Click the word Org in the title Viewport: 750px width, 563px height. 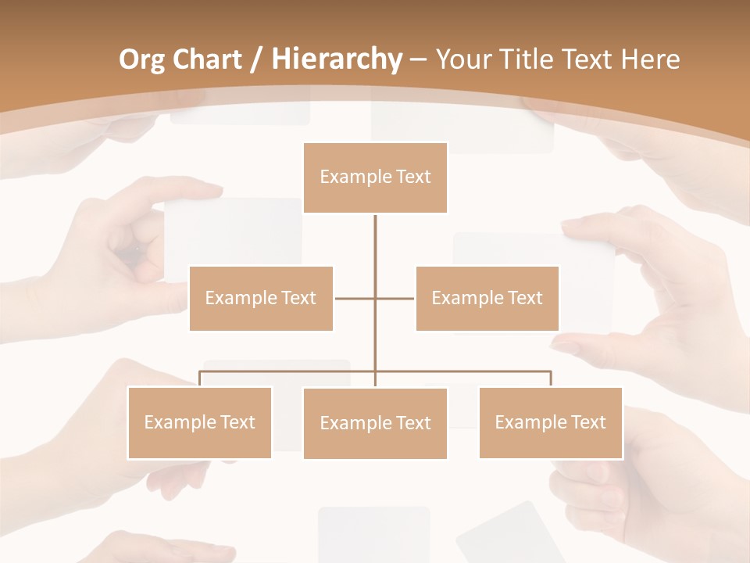tap(142, 59)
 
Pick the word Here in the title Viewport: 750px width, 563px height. tap(650, 59)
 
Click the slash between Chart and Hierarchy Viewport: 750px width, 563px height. tap(258, 60)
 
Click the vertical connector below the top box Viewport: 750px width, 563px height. tap(375, 250)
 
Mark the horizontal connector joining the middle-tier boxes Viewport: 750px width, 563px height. tap(355, 298)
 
